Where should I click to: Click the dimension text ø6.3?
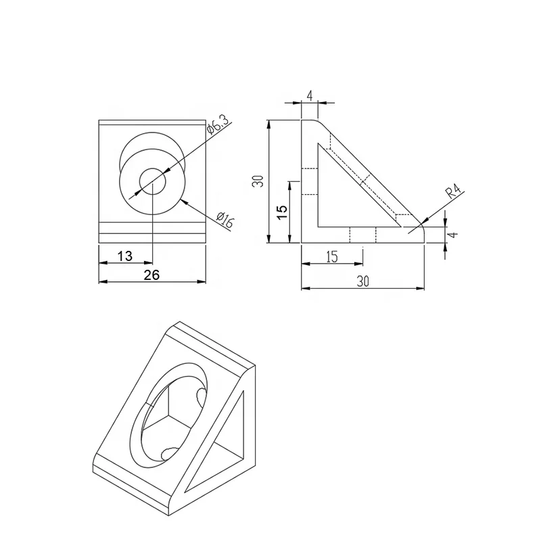pos(219,126)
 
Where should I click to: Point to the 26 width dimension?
pos(152,274)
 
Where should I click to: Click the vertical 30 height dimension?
pos(257,181)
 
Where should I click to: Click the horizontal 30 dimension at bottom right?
pos(363,283)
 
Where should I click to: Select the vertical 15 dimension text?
pos(283,210)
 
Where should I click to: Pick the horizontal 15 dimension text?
pos(331,257)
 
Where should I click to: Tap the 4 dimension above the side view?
pos(309,95)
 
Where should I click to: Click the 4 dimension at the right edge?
pos(454,235)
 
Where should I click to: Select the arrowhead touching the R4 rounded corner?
pos(421,224)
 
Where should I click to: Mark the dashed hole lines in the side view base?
pos(362,235)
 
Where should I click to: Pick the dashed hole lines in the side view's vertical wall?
pos(309,181)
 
